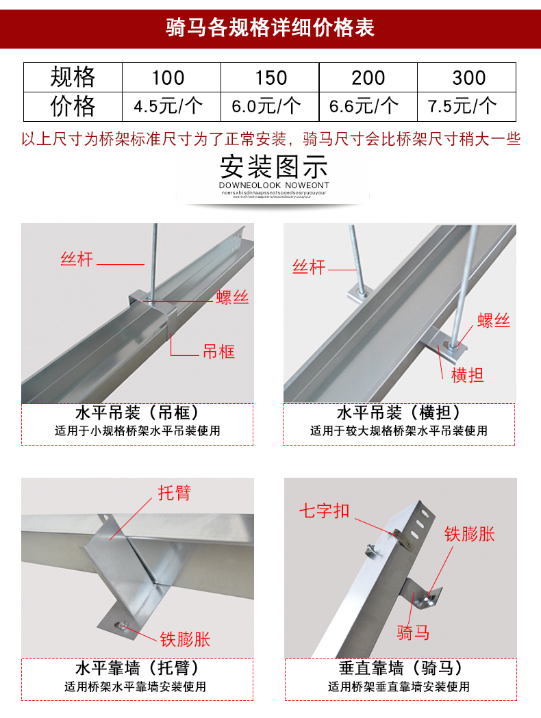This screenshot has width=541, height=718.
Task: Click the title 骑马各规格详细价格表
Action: [270, 27]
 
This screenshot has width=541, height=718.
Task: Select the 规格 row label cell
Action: [73, 77]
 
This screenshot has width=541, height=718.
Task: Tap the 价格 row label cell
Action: [73, 107]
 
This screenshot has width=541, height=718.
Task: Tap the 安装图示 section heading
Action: [274, 167]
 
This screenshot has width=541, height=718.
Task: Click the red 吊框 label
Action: [218, 352]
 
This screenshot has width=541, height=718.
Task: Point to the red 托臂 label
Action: [175, 493]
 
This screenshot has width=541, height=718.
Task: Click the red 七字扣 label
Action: [324, 511]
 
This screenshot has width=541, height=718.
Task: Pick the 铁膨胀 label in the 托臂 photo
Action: [185, 639]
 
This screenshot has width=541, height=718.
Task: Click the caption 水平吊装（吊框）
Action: [137, 413]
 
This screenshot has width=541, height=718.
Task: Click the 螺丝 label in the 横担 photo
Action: [494, 320]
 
